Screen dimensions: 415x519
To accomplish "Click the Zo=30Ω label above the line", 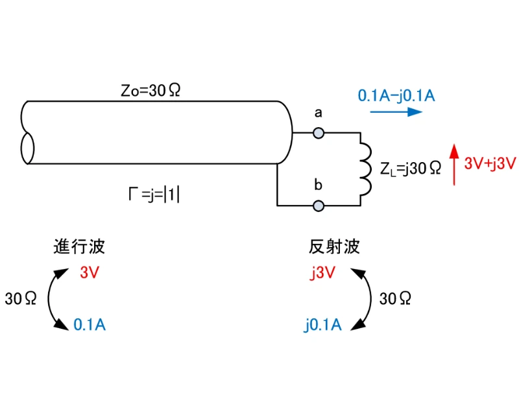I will [x=151, y=91].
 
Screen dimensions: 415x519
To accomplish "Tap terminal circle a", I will [x=319, y=134].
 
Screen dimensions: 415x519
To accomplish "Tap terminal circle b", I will [x=319, y=206].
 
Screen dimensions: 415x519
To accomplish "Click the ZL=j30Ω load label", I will [x=411, y=169].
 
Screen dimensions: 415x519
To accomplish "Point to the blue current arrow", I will [x=396, y=112].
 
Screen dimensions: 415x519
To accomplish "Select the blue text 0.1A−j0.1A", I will [x=396, y=95].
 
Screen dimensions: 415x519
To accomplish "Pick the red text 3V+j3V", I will [x=490, y=163].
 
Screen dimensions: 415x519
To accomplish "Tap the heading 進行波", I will [x=79, y=247].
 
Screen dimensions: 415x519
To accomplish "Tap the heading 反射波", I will [x=334, y=247].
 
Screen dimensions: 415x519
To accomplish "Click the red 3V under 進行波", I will [x=89, y=272].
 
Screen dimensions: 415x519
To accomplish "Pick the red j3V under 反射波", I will [x=322, y=272].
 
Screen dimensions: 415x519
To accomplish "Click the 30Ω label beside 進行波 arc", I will [x=20, y=299].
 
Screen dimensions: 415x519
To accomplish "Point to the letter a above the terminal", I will [x=319, y=113].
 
